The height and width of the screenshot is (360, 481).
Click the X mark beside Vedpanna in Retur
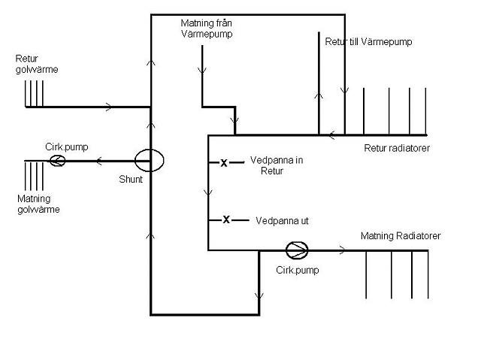[224, 163]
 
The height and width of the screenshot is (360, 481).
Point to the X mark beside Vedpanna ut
[226, 219]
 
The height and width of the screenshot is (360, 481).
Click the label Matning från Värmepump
[207, 29]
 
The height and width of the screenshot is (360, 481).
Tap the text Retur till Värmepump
[368, 41]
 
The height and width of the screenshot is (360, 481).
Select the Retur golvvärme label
[37, 64]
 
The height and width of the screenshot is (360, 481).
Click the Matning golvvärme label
[38, 204]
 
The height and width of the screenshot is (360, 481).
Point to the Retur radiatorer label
[397, 148]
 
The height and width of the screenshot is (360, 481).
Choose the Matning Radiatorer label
[401, 236]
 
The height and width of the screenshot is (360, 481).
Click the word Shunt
[131, 179]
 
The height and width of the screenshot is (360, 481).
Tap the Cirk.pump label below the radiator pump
[298, 270]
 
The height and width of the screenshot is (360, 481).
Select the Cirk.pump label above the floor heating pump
[67, 147]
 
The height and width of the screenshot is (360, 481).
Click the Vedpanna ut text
[282, 221]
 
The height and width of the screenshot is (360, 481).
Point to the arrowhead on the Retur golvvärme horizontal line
[109, 107]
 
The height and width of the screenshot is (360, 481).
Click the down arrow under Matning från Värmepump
[202, 71]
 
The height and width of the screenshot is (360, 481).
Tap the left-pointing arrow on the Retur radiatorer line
[331, 135]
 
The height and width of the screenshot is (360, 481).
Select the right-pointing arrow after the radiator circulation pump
[342, 250]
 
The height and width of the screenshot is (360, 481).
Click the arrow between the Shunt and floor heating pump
[99, 161]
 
